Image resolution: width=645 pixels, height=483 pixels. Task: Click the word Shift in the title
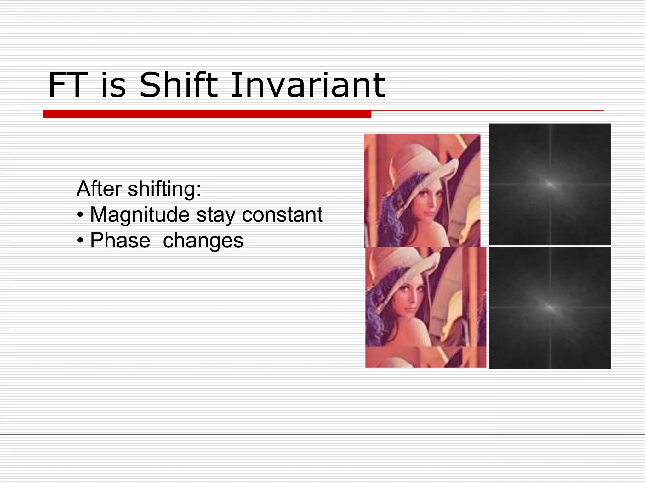(178, 85)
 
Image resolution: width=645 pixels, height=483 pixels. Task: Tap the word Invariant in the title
(308, 85)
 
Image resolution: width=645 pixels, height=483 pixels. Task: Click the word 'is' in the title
(113, 85)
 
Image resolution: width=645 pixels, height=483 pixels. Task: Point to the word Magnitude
(140, 215)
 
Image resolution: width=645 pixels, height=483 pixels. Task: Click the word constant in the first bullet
(282, 215)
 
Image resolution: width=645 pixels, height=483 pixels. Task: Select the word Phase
(120, 241)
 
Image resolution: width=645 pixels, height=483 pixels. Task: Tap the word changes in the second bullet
(203, 241)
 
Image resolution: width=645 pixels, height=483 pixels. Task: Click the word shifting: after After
(164, 189)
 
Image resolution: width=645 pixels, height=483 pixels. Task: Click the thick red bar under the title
(207, 114)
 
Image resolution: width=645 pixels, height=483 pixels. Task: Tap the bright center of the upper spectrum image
(550, 184)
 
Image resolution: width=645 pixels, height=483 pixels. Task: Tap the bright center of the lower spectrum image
(550, 308)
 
